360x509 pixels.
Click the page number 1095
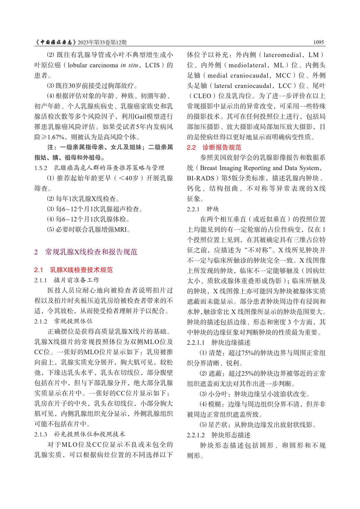(x=318, y=42)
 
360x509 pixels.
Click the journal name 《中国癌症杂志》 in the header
(x=56, y=42)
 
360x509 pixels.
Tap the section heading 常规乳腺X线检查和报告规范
(x=91, y=252)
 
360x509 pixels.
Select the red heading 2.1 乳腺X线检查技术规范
(x=73, y=270)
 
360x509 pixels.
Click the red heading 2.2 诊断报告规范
(x=214, y=147)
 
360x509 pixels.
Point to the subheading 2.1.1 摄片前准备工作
(x=67, y=280)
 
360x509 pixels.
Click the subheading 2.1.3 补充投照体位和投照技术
(x=80, y=434)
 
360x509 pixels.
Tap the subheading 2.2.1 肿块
(x=203, y=209)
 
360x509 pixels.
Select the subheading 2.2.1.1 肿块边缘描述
(x=218, y=343)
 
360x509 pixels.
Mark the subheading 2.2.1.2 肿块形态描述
(x=218, y=435)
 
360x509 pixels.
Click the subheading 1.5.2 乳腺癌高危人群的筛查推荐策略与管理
(x=99, y=168)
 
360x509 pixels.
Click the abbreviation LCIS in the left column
(x=152, y=65)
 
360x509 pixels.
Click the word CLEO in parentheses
(x=202, y=96)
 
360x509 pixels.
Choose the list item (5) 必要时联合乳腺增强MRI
(x=88, y=230)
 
